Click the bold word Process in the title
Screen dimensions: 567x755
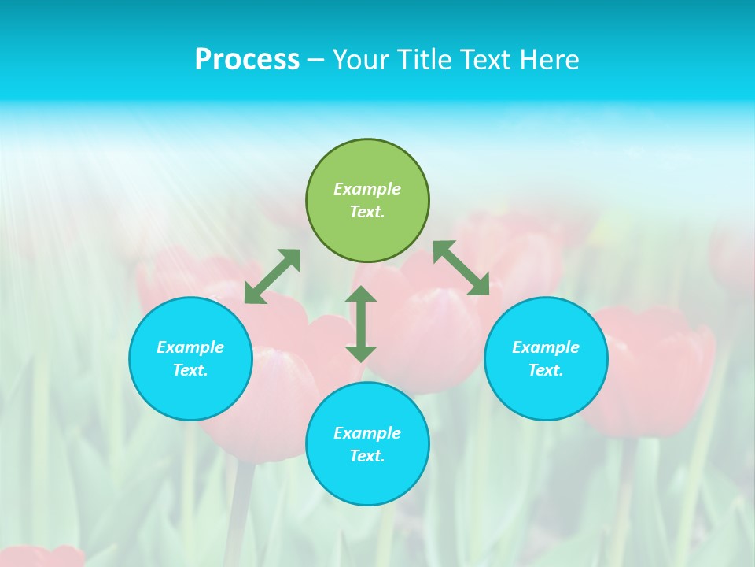click(x=247, y=60)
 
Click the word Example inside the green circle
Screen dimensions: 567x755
click(x=367, y=189)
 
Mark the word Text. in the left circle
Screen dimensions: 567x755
click(x=190, y=370)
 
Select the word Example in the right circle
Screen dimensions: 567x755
click(x=546, y=347)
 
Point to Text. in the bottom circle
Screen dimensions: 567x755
click(x=367, y=456)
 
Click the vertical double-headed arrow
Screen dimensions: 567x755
click(x=361, y=324)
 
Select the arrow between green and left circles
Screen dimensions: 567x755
click(x=272, y=276)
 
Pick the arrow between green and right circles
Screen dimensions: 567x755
click(x=462, y=269)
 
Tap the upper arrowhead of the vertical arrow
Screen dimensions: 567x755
click(x=361, y=295)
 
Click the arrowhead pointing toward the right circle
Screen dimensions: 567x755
click(x=480, y=285)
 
